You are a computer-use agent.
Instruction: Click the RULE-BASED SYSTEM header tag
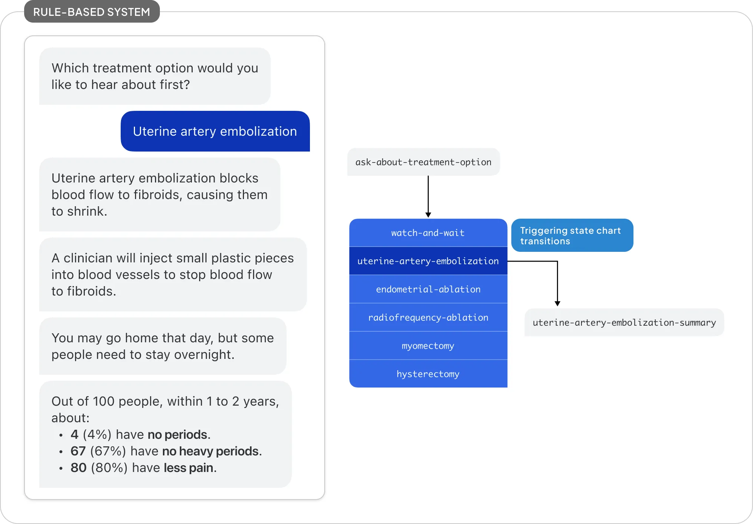click(x=92, y=12)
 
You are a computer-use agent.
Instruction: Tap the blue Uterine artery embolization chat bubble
click(x=215, y=131)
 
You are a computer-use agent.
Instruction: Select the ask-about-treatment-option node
click(x=423, y=162)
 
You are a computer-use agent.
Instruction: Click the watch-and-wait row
click(x=428, y=233)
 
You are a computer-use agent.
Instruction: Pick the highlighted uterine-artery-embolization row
click(x=428, y=261)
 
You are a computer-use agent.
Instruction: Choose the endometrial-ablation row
click(x=428, y=289)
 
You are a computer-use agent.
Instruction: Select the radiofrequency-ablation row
click(x=428, y=317)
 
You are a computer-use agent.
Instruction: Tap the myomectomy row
click(x=428, y=346)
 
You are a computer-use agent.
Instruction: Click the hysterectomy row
click(x=428, y=374)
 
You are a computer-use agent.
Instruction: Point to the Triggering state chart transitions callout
click(x=572, y=236)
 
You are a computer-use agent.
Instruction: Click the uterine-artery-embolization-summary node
click(x=624, y=323)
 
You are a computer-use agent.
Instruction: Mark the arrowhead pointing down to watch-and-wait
click(x=428, y=215)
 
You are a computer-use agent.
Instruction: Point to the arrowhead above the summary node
click(x=557, y=303)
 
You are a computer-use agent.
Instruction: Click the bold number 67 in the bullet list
click(x=78, y=451)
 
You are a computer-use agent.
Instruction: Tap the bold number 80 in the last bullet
click(x=78, y=468)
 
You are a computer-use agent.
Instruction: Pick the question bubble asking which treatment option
click(x=155, y=76)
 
